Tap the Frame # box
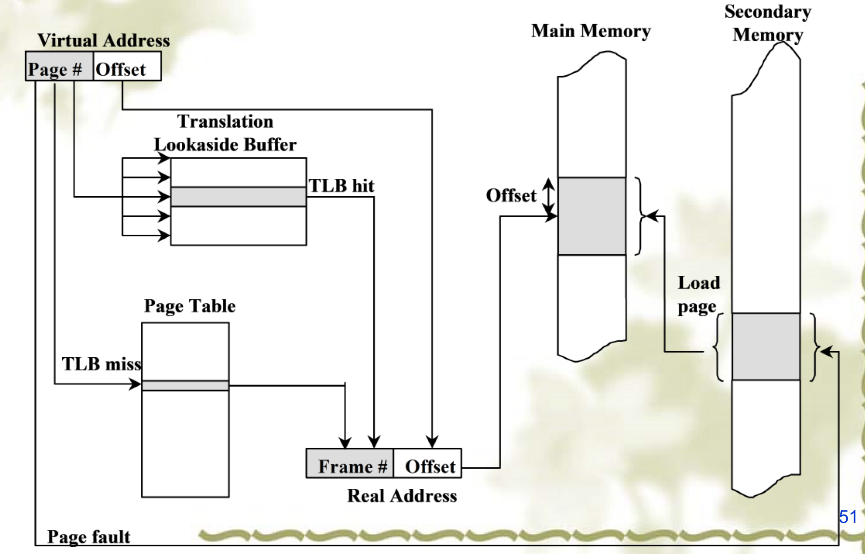point(350,463)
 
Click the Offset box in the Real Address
point(428,463)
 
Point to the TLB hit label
point(341,186)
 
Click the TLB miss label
point(101,364)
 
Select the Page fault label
point(89,536)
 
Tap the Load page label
point(698,294)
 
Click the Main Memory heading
point(591,31)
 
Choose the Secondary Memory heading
point(768,23)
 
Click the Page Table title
point(189,306)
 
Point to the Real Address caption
point(402,496)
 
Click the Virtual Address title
point(104,41)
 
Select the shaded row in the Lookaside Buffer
point(238,197)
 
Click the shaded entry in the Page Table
point(185,385)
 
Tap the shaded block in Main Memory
point(592,216)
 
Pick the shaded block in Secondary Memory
point(766,346)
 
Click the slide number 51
point(848,516)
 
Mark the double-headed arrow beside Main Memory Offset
point(548,197)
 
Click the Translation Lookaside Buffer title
point(225,133)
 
